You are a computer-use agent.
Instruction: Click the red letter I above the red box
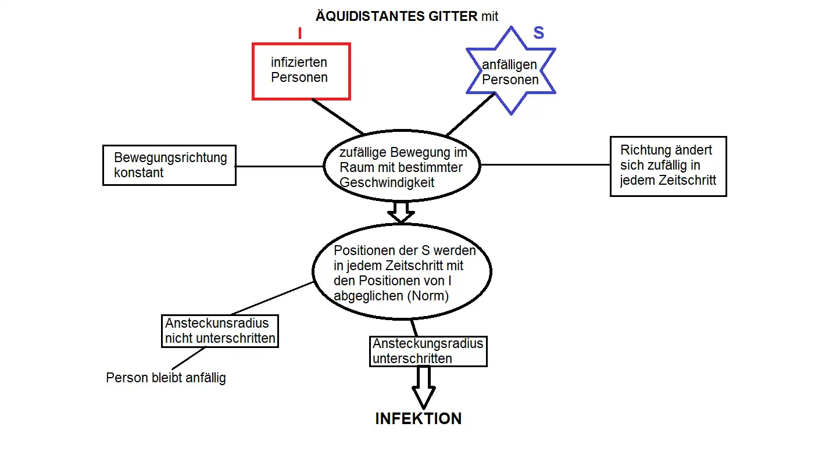click(x=300, y=33)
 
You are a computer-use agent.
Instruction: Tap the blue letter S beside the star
click(x=539, y=33)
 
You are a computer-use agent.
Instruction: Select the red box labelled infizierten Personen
click(x=301, y=70)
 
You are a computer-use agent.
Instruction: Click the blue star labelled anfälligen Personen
click(x=510, y=71)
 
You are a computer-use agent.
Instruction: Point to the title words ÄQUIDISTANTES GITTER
click(x=396, y=16)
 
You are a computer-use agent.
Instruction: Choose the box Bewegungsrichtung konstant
click(x=169, y=165)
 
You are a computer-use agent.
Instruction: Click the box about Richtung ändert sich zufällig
click(x=668, y=166)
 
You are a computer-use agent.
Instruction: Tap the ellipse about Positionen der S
click(x=402, y=271)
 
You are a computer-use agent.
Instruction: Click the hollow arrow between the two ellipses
click(x=401, y=212)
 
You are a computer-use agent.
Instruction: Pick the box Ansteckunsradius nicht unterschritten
click(x=220, y=331)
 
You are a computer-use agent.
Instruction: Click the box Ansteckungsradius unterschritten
click(x=428, y=351)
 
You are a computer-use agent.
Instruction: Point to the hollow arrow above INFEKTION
click(x=423, y=388)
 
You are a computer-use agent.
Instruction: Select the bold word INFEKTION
click(x=418, y=419)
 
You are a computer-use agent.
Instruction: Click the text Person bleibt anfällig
click(x=166, y=378)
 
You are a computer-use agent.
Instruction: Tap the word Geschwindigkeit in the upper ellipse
click(x=387, y=182)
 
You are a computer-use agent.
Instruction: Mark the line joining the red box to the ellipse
click(x=338, y=116)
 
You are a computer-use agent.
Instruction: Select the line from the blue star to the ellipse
click(x=470, y=114)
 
